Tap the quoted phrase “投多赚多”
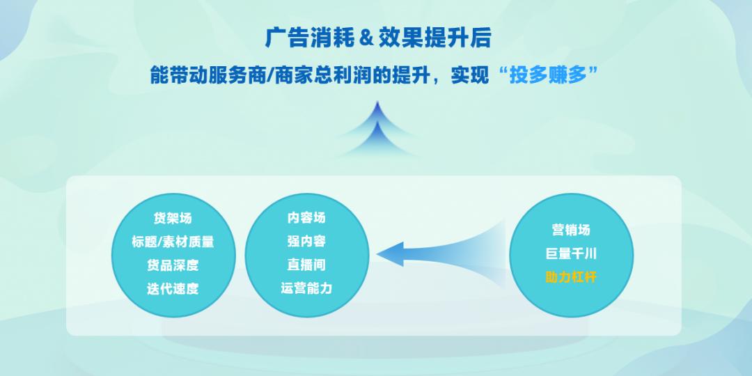(x=549, y=75)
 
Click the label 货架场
(x=173, y=218)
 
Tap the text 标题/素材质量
(x=173, y=242)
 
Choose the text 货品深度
(x=173, y=265)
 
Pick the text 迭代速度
(x=173, y=289)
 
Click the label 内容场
(x=306, y=218)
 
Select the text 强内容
(x=306, y=242)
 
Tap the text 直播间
(x=306, y=265)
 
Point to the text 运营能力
(x=306, y=289)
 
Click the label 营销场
(x=571, y=230)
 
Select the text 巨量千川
(x=571, y=253)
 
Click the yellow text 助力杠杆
(x=571, y=277)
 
